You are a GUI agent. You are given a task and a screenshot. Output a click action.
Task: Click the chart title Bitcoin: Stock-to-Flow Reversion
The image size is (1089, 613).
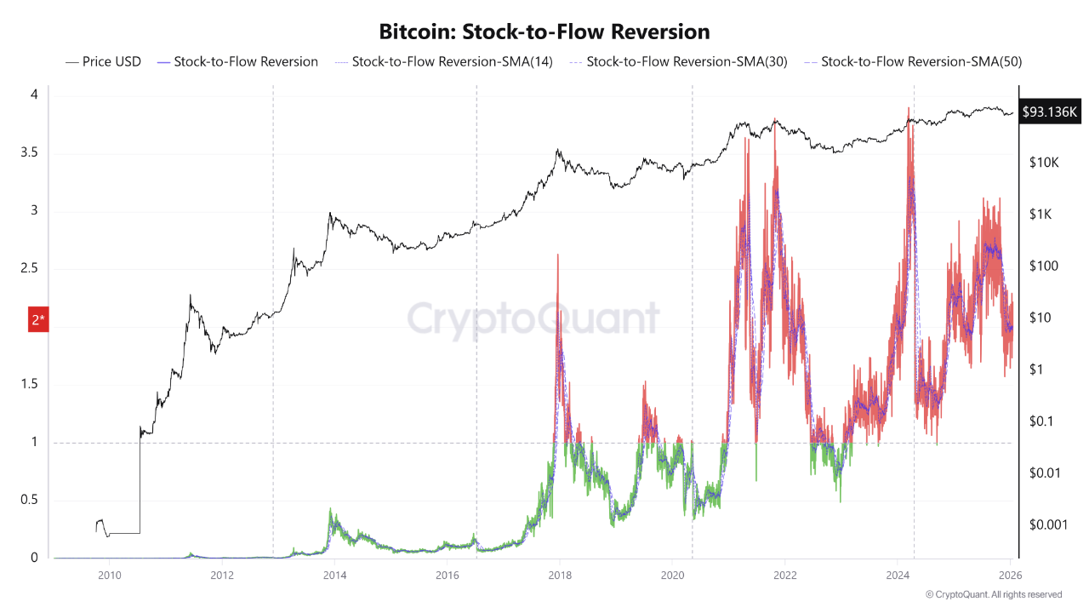pyautogui.click(x=544, y=32)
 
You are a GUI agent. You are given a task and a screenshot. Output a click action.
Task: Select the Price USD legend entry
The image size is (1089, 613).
pyautogui.click(x=103, y=61)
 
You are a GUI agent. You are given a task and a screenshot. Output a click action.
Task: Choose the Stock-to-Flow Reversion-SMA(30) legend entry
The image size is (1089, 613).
pyautogui.click(x=677, y=61)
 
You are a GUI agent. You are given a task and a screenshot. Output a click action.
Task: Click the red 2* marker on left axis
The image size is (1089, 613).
pyautogui.click(x=39, y=319)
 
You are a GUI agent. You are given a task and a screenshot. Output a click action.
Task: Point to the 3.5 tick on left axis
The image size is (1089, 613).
pyautogui.click(x=29, y=153)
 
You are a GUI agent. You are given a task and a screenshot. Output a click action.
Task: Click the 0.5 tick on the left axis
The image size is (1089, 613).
pyautogui.click(x=29, y=500)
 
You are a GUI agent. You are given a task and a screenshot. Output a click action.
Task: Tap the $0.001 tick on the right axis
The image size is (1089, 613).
pyautogui.click(x=1047, y=524)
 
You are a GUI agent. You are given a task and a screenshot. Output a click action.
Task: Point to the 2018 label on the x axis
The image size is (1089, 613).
pyautogui.click(x=559, y=575)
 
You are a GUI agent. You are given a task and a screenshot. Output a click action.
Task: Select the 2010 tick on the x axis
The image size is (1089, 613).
pyautogui.click(x=109, y=575)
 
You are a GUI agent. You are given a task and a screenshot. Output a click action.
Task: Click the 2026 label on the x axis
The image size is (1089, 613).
pyautogui.click(x=1009, y=575)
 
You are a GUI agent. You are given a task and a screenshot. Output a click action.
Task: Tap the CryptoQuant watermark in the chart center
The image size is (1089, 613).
pyautogui.click(x=533, y=318)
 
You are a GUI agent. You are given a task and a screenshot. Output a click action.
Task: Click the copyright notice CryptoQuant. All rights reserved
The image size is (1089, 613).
pyautogui.click(x=993, y=594)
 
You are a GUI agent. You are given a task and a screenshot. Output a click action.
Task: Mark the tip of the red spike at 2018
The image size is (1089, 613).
pyautogui.click(x=557, y=255)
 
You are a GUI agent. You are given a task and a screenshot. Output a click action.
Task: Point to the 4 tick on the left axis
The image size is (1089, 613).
pyautogui.click(x=34, y=95)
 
